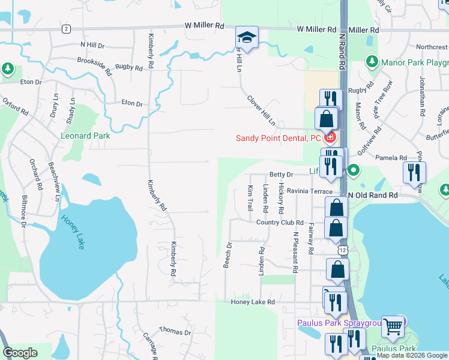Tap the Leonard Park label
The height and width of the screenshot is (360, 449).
coord(85,136)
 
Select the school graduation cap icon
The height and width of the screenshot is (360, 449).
coord(247,35)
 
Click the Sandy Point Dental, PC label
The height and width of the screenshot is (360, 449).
coord(278,138)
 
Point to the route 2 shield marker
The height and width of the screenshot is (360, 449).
coord(65,29)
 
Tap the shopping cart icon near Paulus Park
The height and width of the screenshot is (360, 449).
coord(393,326)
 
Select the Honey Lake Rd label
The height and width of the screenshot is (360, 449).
coord(253,302)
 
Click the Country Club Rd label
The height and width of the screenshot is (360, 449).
coord(280,223)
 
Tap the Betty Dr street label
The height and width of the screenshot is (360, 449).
coord(280,175)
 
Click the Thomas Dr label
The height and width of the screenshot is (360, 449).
coord(175,331)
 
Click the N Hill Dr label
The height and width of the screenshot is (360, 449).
coord(92,45)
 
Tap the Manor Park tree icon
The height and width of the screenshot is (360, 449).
coord(372,61)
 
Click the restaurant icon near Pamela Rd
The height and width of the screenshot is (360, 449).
coord(414,173)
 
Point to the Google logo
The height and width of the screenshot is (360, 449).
coord(20,353)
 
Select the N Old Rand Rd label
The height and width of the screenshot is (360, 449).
coord(373,196)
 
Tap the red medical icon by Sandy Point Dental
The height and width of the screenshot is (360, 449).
coord(330,138)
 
